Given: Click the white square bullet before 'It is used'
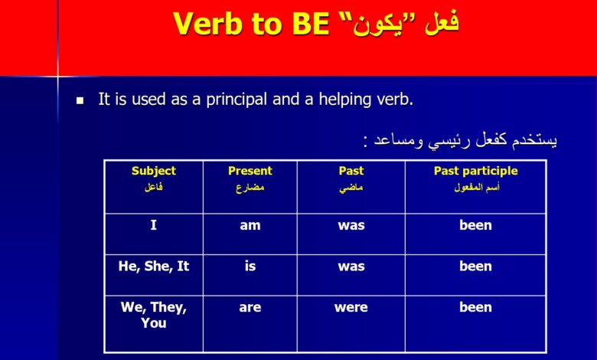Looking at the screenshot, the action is (80, 100).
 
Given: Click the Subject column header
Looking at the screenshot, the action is (154, 171).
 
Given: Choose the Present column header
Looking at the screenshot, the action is (250, 171).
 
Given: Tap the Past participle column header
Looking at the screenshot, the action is (476, 171).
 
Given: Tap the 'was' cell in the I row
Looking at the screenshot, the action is (351, 225).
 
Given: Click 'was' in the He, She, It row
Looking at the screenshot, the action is (351, 267).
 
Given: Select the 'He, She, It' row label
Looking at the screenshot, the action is (154, 267).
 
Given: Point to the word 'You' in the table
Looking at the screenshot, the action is (154, 323).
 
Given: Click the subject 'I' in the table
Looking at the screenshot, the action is (153, 224).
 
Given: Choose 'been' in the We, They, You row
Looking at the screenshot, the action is (475, 307).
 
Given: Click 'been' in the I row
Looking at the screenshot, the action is (475, 224).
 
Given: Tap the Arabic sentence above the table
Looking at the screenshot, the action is (460, 140).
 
